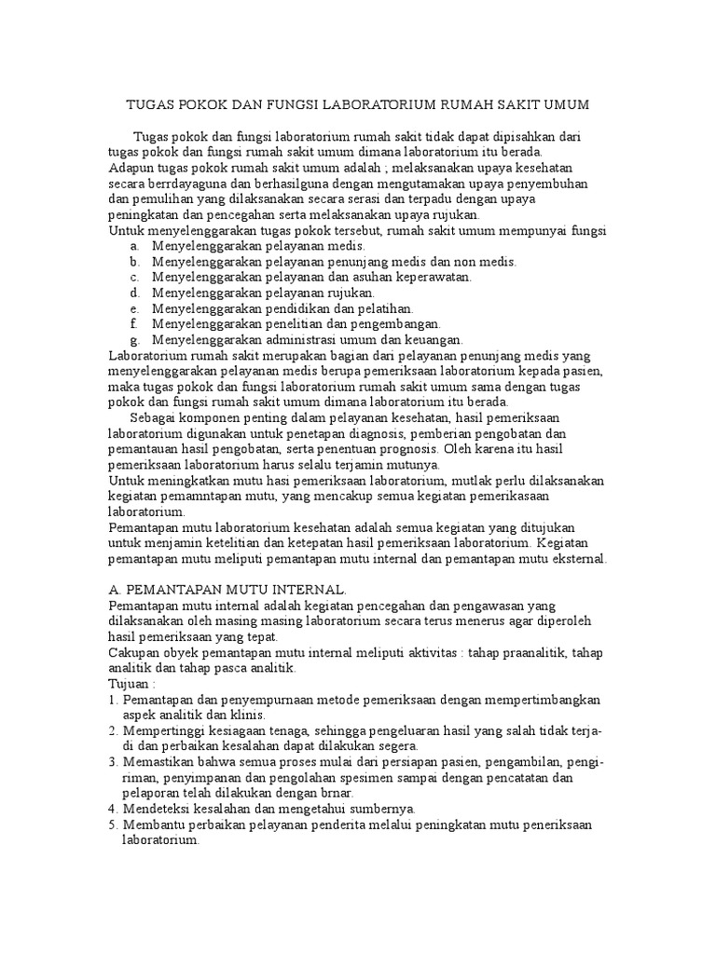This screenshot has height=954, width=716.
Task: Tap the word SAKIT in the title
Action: pos(517,105)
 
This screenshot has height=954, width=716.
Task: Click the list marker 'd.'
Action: pos(135,293)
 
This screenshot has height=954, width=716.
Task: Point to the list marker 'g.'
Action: pos(135,340)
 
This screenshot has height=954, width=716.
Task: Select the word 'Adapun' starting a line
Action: pos(131,169)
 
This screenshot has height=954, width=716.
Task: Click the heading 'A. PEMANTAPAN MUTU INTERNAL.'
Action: pos(227,591)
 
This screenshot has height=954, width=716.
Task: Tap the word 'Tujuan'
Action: pos(130,684)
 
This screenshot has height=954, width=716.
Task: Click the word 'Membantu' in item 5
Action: pos(156,825)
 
